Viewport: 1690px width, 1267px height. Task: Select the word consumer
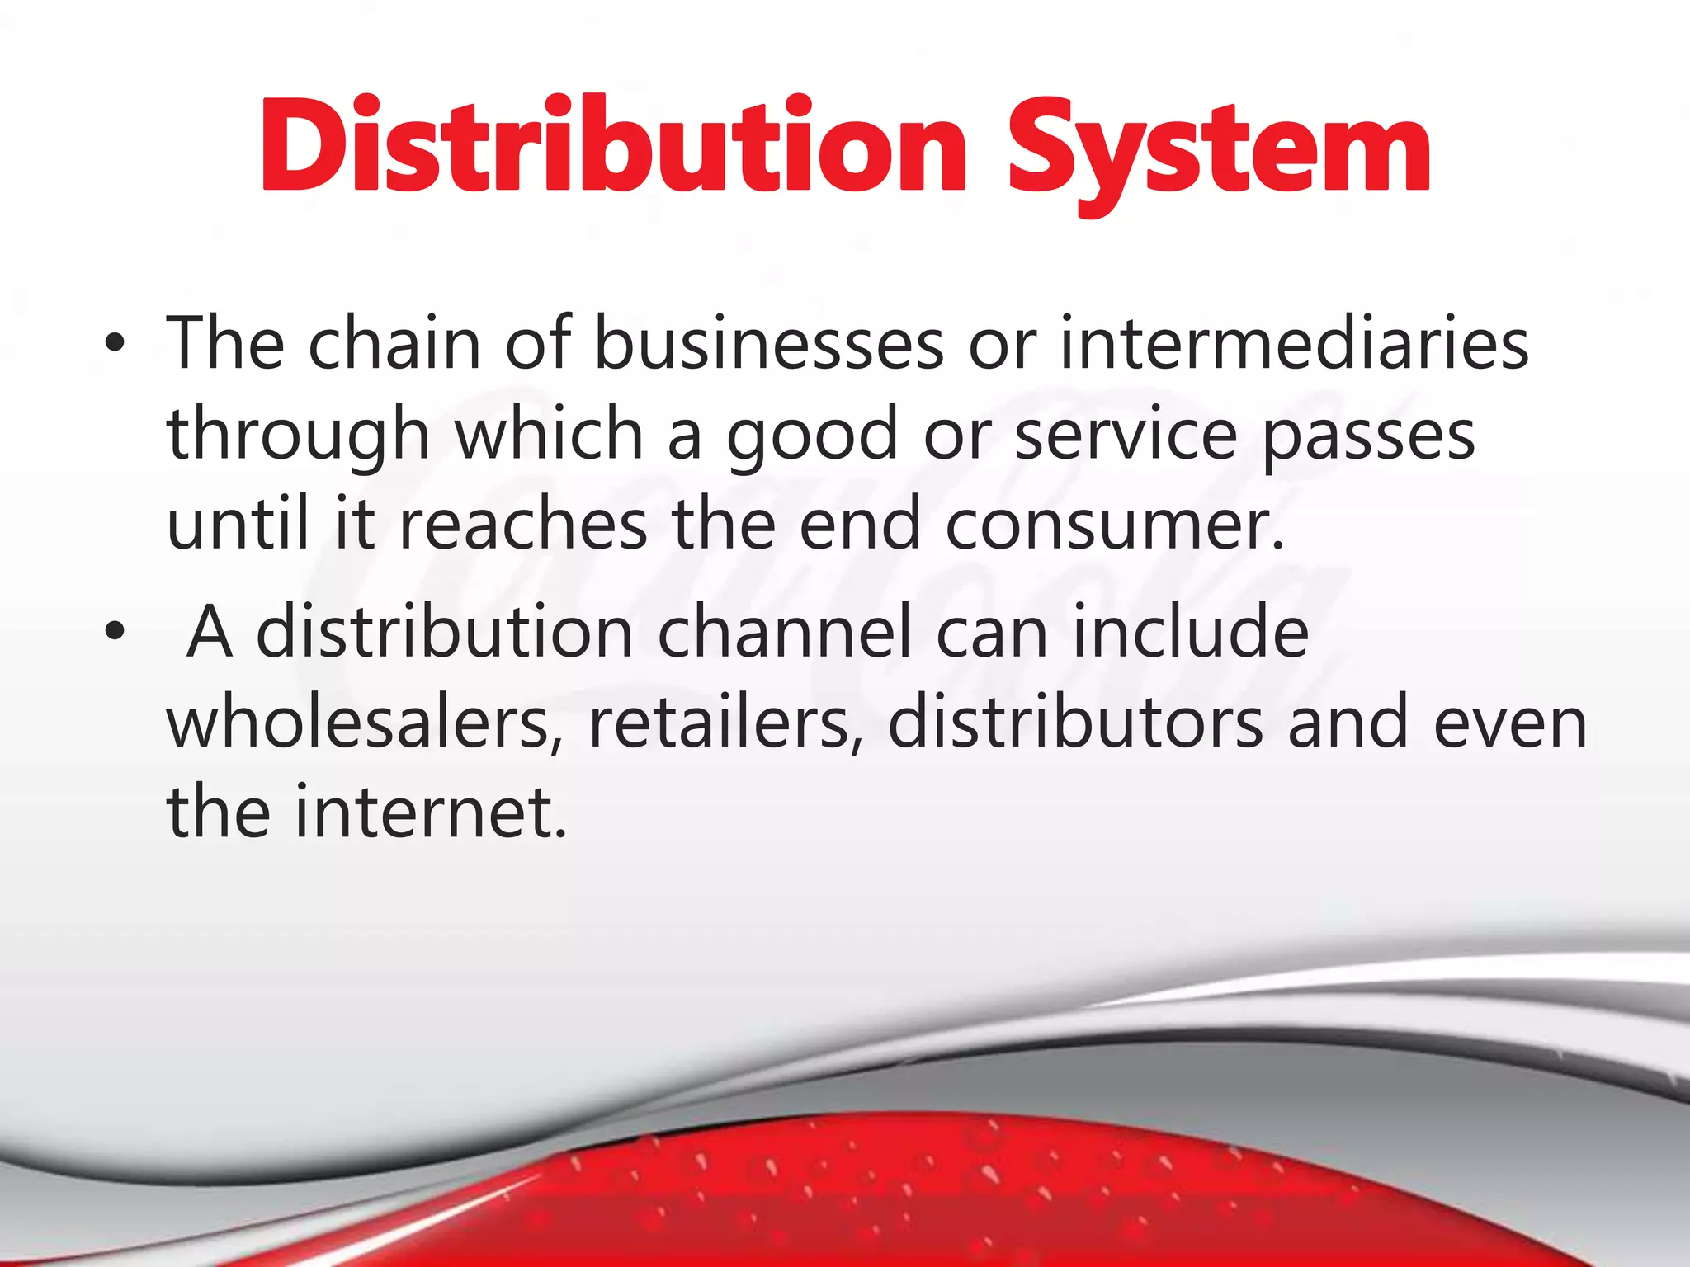coord(1115,526)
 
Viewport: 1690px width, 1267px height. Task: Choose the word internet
coord(431,812)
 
